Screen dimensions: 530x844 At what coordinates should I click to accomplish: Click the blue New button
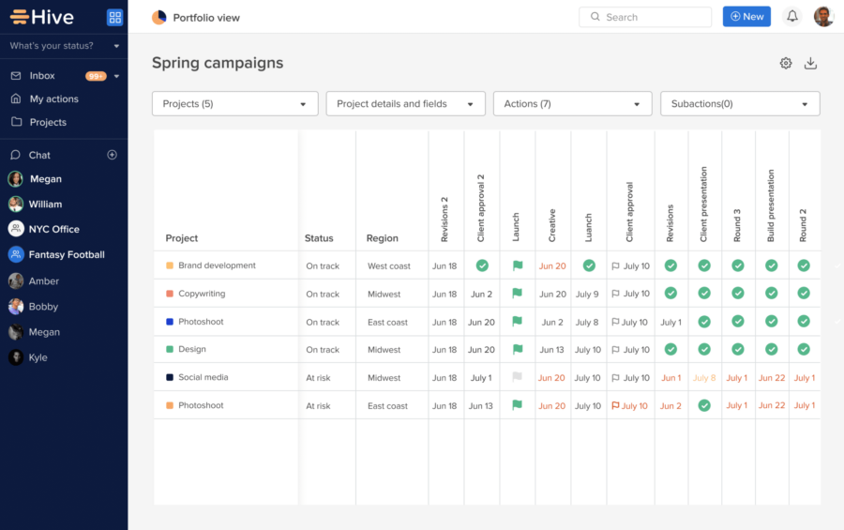(746, 17)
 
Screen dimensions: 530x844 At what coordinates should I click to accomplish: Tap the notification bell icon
(792, 17)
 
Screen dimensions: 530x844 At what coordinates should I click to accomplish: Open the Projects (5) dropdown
(234, 104)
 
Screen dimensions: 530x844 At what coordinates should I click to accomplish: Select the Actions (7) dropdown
(572, 104)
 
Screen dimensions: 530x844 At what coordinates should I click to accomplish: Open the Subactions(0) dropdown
(740, 104)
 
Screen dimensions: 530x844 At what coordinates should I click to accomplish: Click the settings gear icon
(786, 63)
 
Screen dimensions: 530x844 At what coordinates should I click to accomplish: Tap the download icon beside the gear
(811, 63)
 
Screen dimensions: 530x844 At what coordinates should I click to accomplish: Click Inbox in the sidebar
(42, 76)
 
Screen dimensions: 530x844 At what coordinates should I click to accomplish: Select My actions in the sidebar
(53, 99)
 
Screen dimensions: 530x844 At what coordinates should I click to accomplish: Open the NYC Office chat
(53, 229)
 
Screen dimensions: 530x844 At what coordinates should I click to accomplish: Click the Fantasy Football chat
(66, 254)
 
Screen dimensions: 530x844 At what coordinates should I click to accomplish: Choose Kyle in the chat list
(38, 357)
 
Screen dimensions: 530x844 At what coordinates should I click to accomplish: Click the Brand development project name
(217, 265)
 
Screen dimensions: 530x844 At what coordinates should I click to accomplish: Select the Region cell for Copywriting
(384, 294)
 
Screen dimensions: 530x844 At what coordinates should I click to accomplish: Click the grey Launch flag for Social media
(517, 378)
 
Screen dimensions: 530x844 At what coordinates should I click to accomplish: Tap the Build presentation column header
(771, 206)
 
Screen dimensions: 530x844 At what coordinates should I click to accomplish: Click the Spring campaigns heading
(218, 63)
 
